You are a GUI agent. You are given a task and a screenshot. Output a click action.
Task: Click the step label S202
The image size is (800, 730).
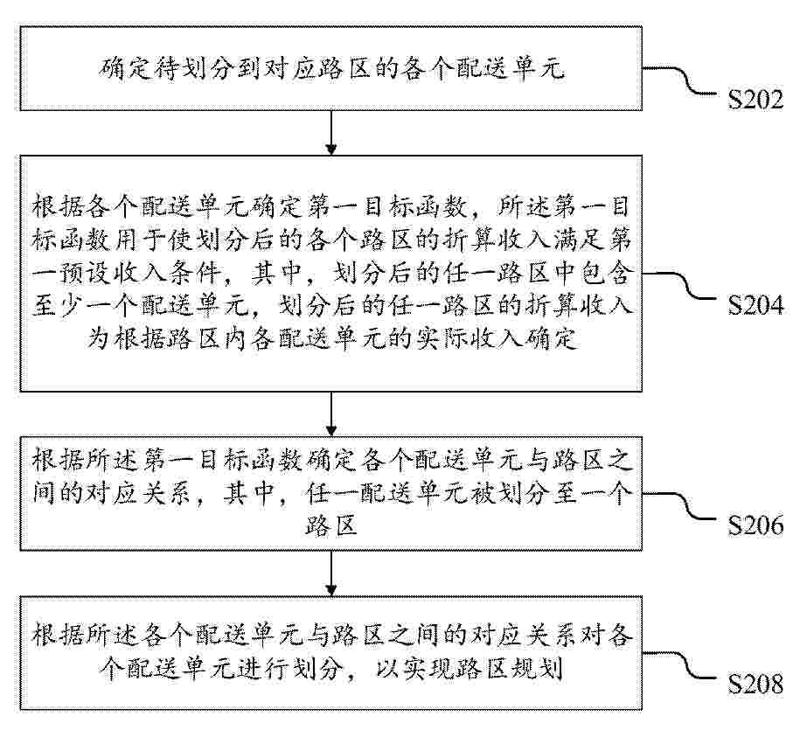[756, 99]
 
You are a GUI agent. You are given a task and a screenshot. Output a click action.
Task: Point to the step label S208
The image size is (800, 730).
[756, 684]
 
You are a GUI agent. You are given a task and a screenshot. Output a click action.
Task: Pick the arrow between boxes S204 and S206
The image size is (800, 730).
[331, 414]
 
